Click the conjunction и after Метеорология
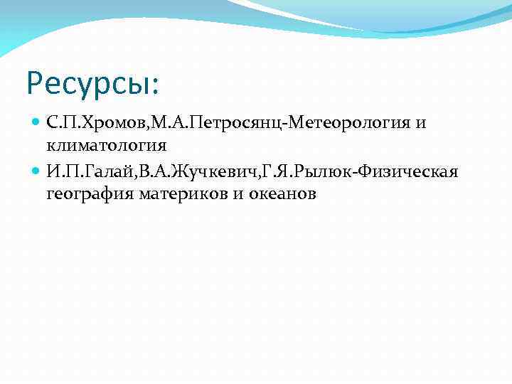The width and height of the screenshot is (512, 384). (421, 124)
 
